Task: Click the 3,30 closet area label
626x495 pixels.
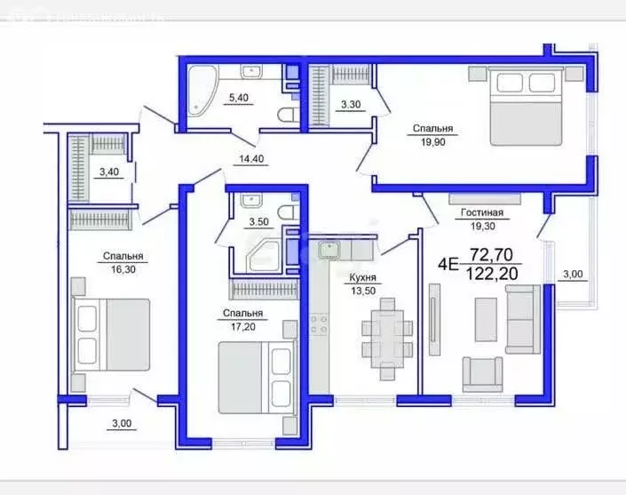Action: click(351, 102)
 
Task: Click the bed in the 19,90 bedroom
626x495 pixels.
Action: click(527, 107)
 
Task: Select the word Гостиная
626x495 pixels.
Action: click(482, 213)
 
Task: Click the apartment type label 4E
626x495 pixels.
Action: click(448, 263)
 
